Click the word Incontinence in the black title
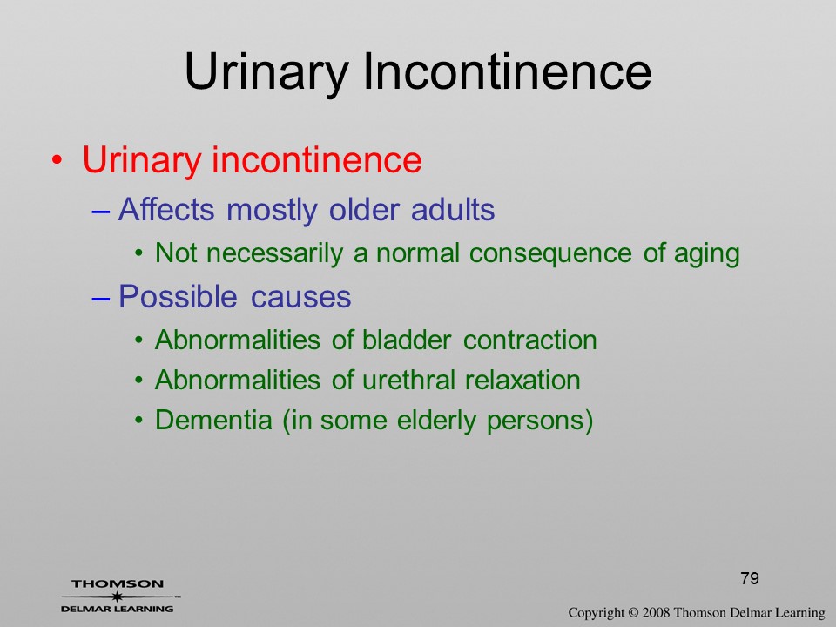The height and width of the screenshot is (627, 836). click(x=507, y=71)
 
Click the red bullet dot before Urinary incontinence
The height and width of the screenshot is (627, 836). click(x=57, y=160)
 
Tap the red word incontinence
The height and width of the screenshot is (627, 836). click(x=317, y=159)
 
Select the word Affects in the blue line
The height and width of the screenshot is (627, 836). click(x=166, y=209)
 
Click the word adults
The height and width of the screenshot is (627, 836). click(x=453, y=209)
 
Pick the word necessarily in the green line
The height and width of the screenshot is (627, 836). click(x=274, y=253)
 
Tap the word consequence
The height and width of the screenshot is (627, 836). click(x=550, y=253)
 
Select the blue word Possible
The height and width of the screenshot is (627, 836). click(x=178, y=296)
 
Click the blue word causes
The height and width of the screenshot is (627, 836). click(x=300, y=297)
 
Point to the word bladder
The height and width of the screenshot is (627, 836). click(x=407, y=340)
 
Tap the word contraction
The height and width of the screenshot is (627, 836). click(x=530, y=340)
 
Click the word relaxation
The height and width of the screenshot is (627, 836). click(x=522, y=380)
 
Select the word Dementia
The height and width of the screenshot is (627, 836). click(x=213, y=420)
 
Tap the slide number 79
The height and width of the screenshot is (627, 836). click(x=750, y=578)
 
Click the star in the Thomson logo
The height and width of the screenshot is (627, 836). click(x=118, y=597)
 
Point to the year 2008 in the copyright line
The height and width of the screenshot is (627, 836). click(x=655, y=612)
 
